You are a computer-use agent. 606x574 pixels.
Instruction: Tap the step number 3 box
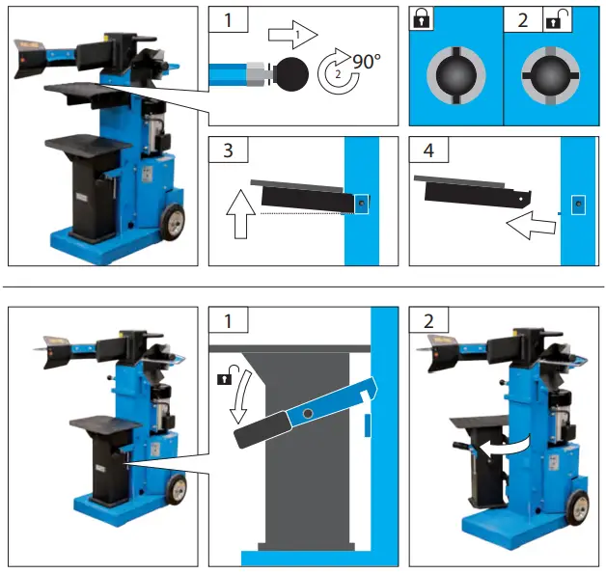point(227,152)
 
